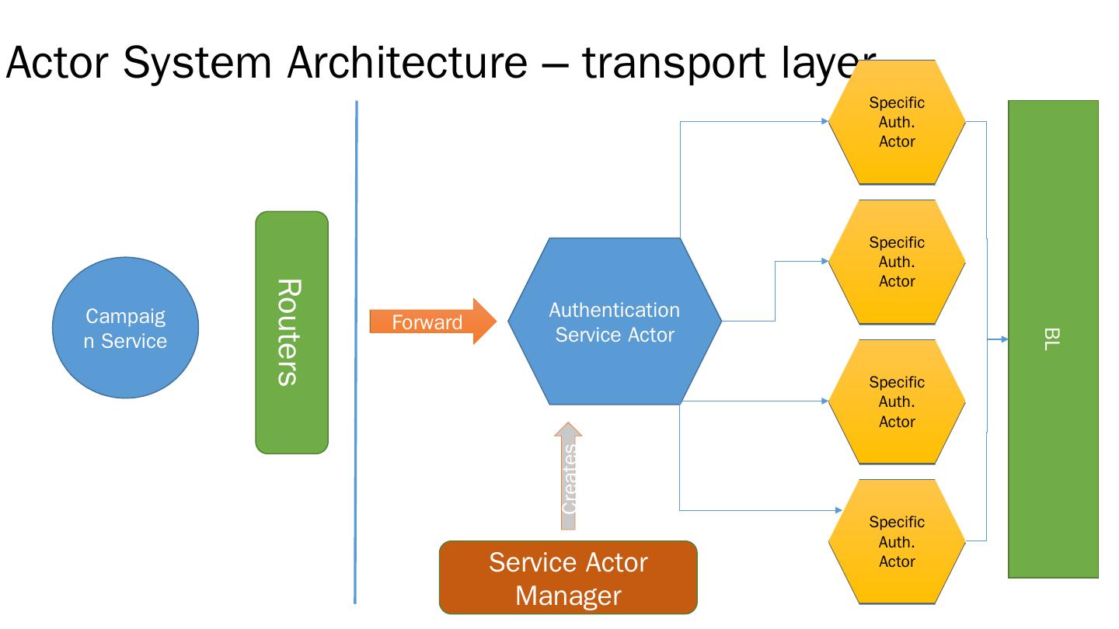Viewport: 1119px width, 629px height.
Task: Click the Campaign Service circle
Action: click(x=125, y=328)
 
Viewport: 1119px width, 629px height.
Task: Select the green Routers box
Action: click(x=291, y=332)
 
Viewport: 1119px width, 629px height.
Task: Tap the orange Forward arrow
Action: click(x=432, y=321)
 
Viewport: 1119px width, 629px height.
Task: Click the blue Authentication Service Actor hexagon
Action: click(x=614, y=321)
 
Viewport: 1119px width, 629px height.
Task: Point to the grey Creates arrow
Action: click(x=569, y=478)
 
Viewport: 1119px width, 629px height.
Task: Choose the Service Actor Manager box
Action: click(x=568, y=578)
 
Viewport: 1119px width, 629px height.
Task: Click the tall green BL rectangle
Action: click(x=1053, y=339)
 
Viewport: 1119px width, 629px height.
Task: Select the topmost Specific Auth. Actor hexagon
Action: click(x=897, y=122)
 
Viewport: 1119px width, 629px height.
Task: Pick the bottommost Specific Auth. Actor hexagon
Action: click(x=897, y=541)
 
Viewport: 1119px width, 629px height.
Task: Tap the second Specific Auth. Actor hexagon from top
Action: click(x=897, y=262)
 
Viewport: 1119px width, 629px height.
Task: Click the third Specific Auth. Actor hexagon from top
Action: click(x=897, y=401)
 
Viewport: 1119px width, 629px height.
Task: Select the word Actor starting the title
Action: click(x=58, y=63)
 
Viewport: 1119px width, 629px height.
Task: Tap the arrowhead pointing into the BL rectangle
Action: click(x=1004, y=339)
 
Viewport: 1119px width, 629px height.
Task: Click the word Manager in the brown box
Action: click(x=568, y=596)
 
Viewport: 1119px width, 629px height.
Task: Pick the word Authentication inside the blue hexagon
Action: click(x=614, y=310)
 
